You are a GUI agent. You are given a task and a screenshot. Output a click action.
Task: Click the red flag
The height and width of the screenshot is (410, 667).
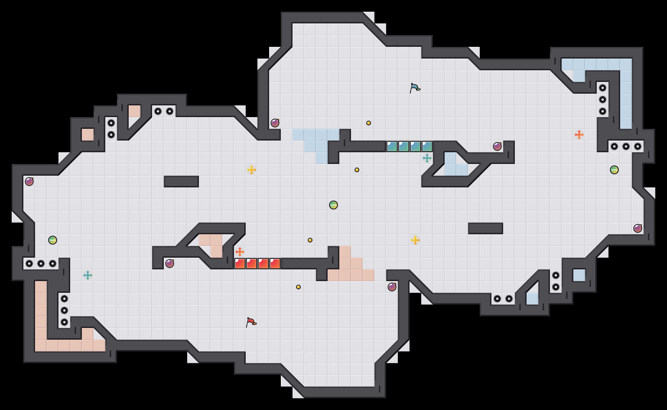[x=251, y=322]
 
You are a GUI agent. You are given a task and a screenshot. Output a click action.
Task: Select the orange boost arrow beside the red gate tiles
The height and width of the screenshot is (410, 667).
[x=240, y=252]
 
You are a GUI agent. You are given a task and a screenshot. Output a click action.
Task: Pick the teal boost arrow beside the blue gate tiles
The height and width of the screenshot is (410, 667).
[x=427, y=158]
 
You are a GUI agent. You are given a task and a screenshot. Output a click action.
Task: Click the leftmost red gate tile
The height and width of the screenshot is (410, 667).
[x=240, y=264]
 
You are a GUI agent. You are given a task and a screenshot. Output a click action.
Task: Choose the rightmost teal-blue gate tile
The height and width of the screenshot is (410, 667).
[x=427, y=146]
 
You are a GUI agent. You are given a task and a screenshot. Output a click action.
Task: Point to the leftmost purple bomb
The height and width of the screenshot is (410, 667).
[x=29, y=182]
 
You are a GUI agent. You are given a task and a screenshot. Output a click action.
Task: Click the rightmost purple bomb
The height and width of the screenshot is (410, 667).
[x=638, y=228]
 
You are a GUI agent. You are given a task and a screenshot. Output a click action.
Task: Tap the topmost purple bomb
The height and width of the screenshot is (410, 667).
[x=275, y=123]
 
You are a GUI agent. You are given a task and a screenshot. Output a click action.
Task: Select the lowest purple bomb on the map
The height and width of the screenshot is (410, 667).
[x=392, y=287]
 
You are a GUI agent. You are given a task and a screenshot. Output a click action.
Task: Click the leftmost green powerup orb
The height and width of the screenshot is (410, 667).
[x=53, y=240]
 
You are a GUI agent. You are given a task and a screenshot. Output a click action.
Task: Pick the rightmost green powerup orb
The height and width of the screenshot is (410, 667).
[x=614, y=170]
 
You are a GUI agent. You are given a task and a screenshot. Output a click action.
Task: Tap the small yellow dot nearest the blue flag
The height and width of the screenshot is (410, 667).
[x=369, y=123]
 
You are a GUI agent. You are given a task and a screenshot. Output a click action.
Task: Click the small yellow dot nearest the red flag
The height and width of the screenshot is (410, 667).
[x=298, y=287]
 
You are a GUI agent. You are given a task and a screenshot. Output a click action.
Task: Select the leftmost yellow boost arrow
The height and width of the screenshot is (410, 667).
[x=252, y=170]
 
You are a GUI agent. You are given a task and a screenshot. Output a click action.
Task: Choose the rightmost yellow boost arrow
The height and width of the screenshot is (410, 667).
[x=415, y=240]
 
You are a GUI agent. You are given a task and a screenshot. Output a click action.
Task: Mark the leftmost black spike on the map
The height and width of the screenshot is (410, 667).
[x=29, y=264]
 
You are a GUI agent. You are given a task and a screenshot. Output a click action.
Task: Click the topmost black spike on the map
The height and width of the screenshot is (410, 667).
[x=603, y=88]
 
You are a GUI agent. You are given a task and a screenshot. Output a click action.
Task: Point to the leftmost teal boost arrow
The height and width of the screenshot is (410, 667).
[x=88, y=275]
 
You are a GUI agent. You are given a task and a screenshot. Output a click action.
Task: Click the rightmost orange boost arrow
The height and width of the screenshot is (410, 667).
[x=579, y=135]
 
